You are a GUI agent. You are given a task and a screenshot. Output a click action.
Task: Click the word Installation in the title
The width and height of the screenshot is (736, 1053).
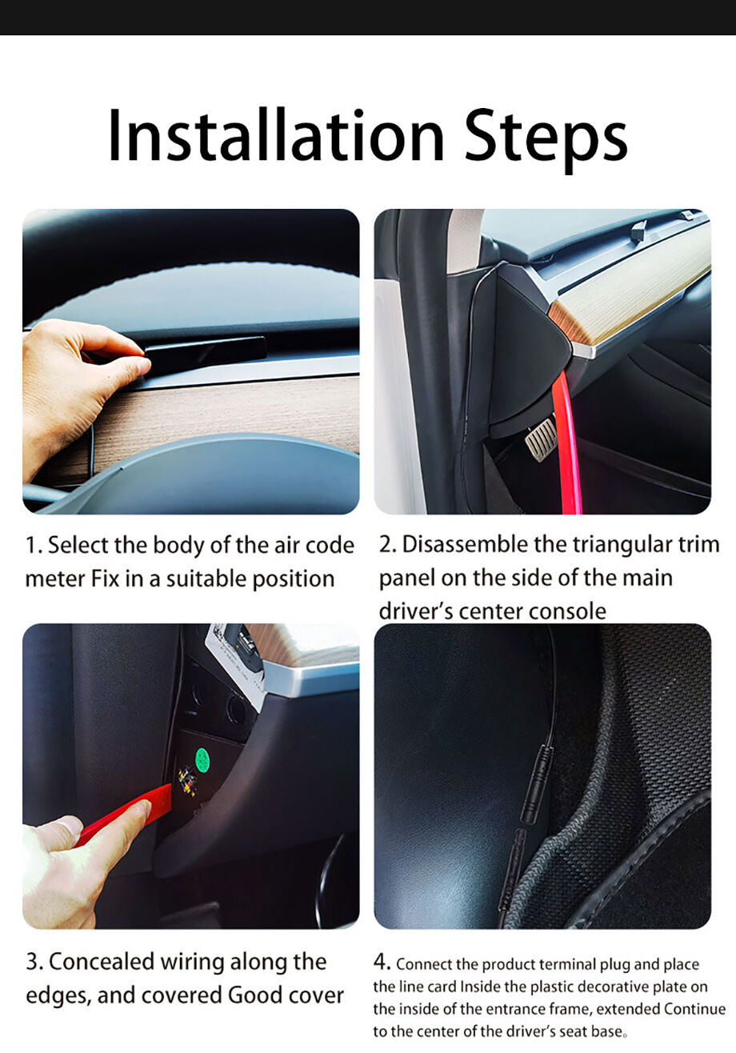tap(276, 135)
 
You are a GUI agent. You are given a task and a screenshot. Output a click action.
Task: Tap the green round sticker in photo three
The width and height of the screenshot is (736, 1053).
tap(202, 759)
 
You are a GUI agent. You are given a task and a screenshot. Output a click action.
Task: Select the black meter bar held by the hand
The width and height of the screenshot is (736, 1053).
tap(205, 348)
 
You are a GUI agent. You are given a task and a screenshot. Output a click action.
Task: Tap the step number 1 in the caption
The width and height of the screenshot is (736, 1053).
tap(30, 546)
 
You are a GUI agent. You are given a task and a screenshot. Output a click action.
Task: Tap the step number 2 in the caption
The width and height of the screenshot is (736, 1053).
tap(386, 545)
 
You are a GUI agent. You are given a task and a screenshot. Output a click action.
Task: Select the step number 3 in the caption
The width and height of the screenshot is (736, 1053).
tap(32, 962)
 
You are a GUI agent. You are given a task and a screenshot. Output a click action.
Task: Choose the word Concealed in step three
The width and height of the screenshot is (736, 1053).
tap(102, 961)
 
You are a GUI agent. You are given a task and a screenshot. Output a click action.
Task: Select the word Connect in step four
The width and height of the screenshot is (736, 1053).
tap(424, 964)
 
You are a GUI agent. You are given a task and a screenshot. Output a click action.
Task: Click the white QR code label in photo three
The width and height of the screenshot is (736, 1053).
tap(234, 647)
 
